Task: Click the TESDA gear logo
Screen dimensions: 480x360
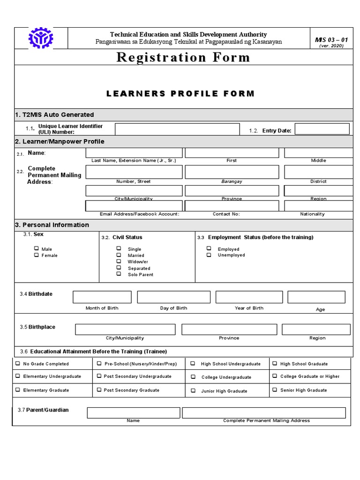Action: coord(41,38)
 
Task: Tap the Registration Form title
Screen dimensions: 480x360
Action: coord(183,58)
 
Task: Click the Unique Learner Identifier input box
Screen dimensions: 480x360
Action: coord(177,129)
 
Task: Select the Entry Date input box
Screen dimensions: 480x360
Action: coord(322,129)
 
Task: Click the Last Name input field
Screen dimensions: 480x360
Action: coord(134,153)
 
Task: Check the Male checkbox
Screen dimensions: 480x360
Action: coord(36,249)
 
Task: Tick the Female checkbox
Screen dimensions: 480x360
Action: coord(36,255)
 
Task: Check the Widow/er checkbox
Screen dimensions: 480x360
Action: coord(119,261)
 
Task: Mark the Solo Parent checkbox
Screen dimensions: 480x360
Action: coord(119,274)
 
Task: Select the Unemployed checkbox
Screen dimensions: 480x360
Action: coord(209,255)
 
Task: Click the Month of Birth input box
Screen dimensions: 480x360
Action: coord(102,297)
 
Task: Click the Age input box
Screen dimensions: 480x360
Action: coord(316,297)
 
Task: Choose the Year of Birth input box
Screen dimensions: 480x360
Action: coord(249,297)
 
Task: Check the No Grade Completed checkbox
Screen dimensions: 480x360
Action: coord(18,363)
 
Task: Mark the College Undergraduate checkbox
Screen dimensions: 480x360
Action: coord(193,377)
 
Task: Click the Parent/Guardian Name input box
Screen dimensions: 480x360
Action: coord(133,412)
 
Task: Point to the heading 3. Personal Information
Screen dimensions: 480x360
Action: coord(52,225)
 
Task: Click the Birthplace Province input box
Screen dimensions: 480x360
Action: coord(229,329)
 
